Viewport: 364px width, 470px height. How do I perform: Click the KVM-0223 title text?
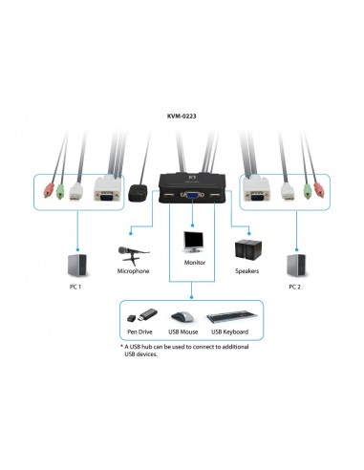(x=182, y=119)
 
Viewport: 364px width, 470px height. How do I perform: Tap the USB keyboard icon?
(x=228, y=316)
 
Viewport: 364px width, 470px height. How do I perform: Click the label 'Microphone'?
(x=132, y=271)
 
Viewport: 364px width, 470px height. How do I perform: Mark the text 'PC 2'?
(x=294, y=286)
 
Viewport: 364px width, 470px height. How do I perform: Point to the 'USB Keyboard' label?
(x=229, y=331)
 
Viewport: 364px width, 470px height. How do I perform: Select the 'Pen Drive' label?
(x=139, y=331)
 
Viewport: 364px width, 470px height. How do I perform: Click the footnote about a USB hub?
(x=182, y=352)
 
